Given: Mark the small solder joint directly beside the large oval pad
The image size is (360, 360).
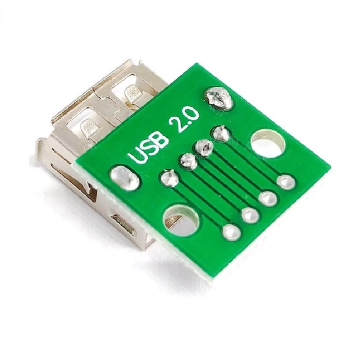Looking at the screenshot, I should [x=169, y=178].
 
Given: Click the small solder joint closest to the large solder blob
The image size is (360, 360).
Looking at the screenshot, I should [x=221, y=133].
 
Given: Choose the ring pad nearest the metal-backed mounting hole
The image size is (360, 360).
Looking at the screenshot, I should [x=230, y=232].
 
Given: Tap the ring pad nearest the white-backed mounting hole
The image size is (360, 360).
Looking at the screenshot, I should [x=285, y=181].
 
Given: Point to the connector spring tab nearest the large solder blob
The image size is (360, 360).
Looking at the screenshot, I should [x=132, y=93].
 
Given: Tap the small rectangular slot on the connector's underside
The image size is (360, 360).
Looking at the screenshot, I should [x=122, y=224].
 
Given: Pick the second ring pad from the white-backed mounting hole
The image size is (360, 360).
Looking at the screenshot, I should [x=268, y=197].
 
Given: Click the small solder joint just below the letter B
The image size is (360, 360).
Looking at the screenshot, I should [x=187, y=161].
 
